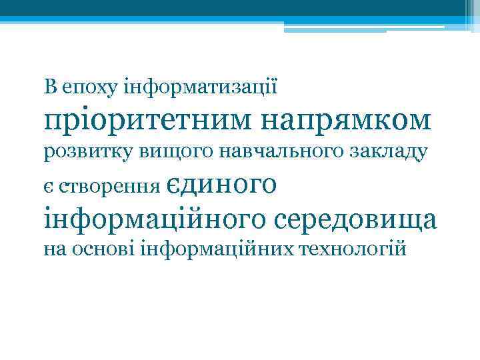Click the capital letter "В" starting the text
pos(50,87)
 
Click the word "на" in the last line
pos(54,250)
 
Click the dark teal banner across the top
pos(227,8)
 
